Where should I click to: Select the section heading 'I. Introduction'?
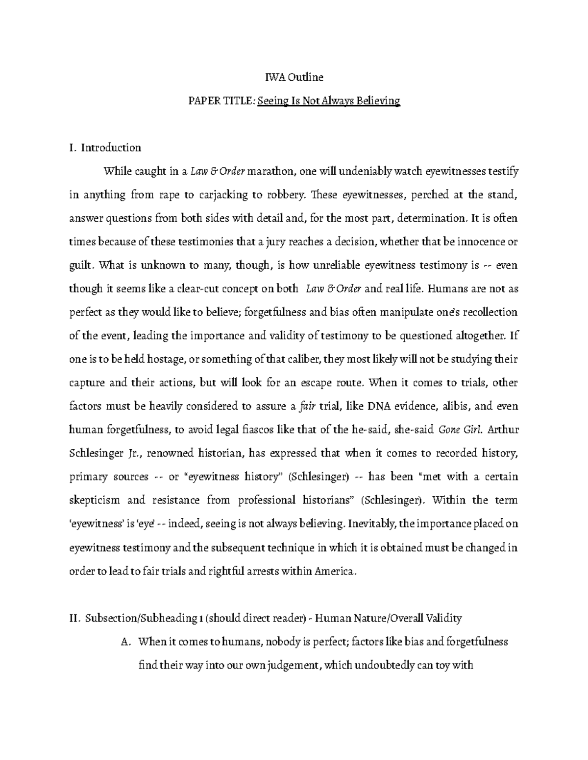point(105,148)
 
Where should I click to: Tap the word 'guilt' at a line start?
point(80,265)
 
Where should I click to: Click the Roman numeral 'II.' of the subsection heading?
point(74,618)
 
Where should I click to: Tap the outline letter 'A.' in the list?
point(126,642)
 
